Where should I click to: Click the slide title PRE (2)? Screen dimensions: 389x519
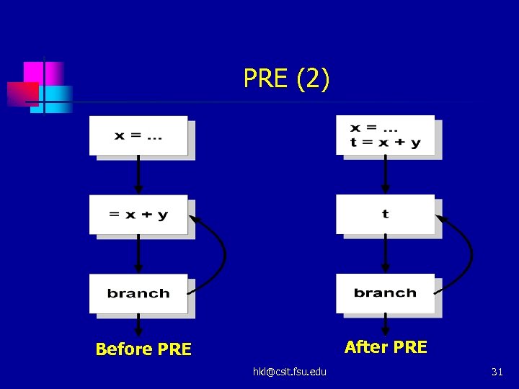click(287, 79)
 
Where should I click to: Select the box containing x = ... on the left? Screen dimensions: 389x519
click(138, 135)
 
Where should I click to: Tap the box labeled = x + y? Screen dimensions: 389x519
click(138, 215)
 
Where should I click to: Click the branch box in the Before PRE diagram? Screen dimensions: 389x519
click(138, 293)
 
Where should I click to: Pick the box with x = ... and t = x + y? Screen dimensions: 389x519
click(386, 135)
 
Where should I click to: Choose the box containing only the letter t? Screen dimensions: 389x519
click(386, 214)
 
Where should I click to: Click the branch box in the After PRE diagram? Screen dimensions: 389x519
click(386, 293)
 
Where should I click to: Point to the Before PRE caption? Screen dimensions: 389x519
click(143, 349)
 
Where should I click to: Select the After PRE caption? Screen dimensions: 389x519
click(386, 347)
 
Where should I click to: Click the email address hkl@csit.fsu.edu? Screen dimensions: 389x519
click(289, 371)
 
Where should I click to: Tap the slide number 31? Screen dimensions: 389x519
click(497, 372)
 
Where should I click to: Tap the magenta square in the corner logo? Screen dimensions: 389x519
click(34, 72)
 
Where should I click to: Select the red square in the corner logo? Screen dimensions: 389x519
click(22, 94)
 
